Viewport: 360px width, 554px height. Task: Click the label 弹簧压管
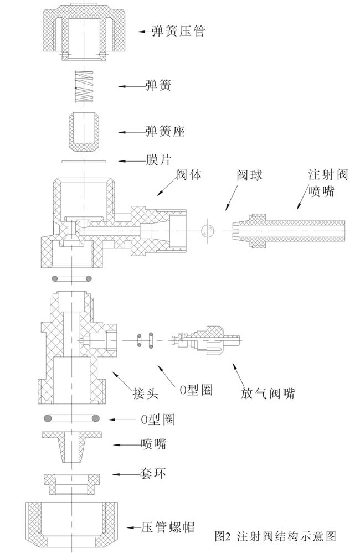[x=178, y=31]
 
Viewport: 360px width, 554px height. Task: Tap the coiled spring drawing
[x=84, y=86]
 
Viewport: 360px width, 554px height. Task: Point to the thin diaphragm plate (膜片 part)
[x=84, y=161]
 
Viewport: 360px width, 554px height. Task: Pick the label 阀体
[x=188, y=175]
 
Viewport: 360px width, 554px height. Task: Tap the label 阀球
[x=249, y=175]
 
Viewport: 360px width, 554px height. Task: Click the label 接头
[x=146, y=394]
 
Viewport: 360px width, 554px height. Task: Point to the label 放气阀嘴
[x=268, y=394]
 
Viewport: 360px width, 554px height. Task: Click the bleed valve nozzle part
[x=208, y=337]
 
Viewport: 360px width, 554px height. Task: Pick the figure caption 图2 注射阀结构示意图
[x=275, y=536]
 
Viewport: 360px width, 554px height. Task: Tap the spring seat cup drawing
[x=84, y=132]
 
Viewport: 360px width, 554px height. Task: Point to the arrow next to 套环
[x=124, y=474]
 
